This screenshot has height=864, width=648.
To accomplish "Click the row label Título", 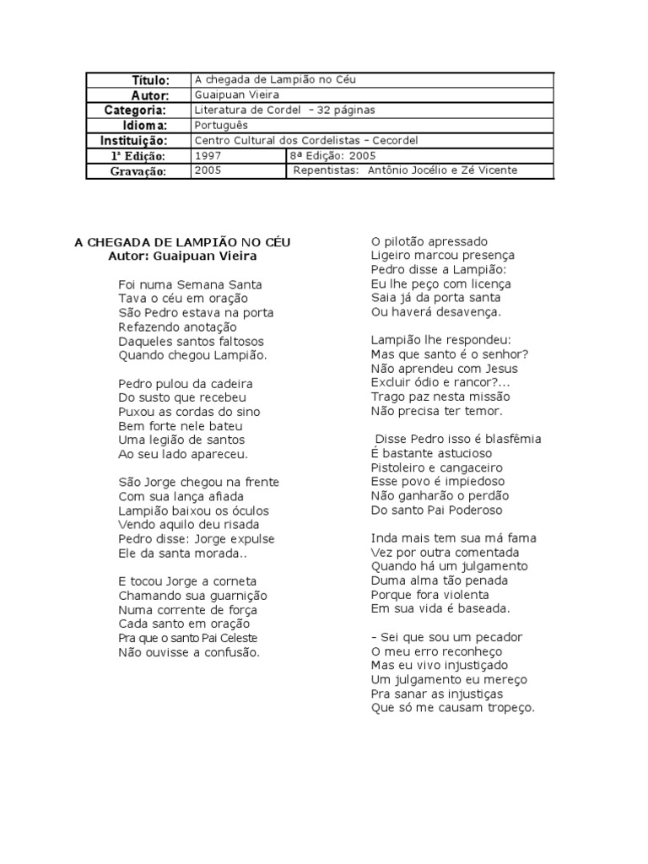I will click(x=150, y=80).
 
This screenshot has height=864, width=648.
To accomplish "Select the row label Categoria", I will click(x=135, y=111).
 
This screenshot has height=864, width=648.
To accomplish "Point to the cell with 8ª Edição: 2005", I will click(x=333, y=156).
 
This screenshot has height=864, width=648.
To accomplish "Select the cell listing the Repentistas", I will click(x=405, y=171).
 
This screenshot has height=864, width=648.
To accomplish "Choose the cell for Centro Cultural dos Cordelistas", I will click(x=305, y=141).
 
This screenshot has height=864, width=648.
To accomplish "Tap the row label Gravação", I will click(x=139, y=171).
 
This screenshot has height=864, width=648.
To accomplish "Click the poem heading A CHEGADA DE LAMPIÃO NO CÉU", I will click(x=182, y=242).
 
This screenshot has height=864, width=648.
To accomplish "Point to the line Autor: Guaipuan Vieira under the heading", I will click(x=182, y=256).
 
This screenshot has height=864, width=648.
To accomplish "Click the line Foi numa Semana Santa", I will click(x=190, y=284).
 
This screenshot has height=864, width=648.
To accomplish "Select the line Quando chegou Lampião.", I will click(x=192, y=355).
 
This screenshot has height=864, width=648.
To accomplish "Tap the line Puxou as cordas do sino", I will click(x=189, y=412).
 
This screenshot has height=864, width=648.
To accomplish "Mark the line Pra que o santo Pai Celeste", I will click(x=188, y=638).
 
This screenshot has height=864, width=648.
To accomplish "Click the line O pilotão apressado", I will click(x=429, y=241).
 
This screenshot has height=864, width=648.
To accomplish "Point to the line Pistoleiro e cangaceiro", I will click(x=436, y=467).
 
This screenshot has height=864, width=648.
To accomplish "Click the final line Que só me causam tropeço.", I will click(x=453, y=708).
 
